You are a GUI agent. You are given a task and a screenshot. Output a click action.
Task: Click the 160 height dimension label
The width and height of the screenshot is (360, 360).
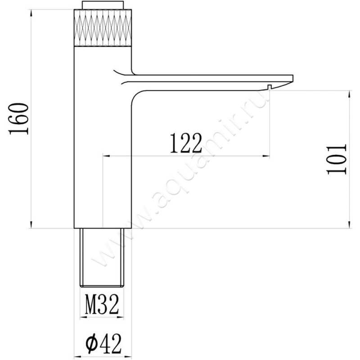point(18,119)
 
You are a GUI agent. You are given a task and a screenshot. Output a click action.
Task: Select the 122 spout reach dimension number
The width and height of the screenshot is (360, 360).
point(186,143)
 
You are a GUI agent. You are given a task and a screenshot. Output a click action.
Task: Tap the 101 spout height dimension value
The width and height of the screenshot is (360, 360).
point(336,159)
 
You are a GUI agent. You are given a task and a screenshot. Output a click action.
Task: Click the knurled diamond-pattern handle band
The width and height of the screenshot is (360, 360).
point(103,28)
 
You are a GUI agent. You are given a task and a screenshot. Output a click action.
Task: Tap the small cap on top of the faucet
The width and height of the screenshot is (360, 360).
point(103,5)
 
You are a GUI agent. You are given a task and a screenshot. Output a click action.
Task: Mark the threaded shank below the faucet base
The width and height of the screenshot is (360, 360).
point(102,257)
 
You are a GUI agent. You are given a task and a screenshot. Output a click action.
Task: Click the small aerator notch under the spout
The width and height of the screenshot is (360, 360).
point(270,87)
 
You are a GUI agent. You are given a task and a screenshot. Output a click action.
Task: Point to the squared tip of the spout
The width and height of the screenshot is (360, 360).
point(292,78)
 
